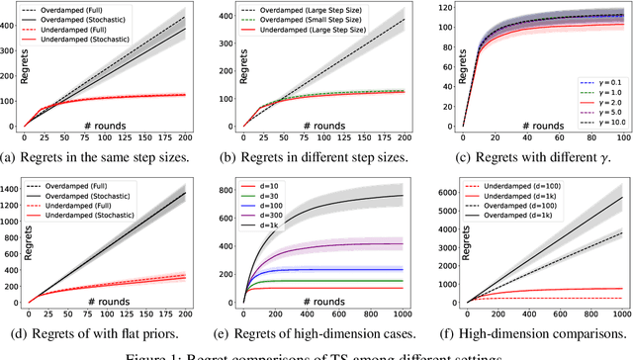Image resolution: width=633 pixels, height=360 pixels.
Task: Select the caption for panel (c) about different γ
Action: pos(530,156)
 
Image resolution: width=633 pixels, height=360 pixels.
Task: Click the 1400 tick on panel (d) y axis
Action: pos(14,185)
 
